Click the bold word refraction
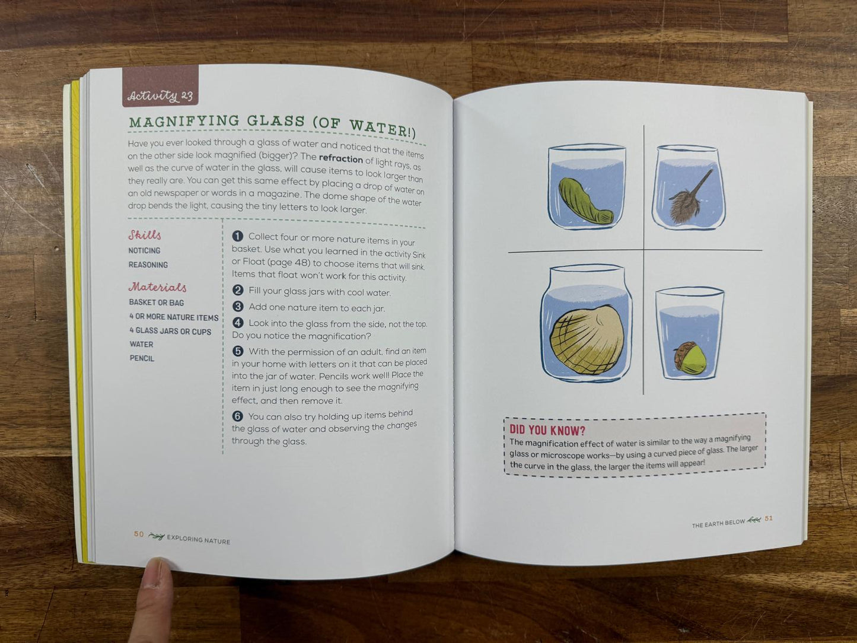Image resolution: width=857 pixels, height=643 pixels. point(340,158)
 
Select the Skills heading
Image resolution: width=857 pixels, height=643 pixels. point(145,235)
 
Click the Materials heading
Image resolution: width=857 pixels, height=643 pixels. point(157,287)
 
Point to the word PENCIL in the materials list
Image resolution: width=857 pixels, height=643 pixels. point(142,358)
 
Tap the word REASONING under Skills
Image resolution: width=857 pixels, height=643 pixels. point(148,265)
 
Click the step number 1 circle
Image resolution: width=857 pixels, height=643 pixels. point(238,236)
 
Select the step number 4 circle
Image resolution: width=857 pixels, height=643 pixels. point(238,323)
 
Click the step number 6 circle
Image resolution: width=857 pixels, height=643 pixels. point(237,416)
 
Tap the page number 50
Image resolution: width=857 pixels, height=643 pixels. point(139,534)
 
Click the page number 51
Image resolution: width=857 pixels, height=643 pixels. point(769,518)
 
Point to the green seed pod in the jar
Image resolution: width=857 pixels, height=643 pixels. point(584,202)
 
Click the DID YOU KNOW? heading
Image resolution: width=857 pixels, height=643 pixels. point(547,429)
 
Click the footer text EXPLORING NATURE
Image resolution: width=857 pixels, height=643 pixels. point(198,540)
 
